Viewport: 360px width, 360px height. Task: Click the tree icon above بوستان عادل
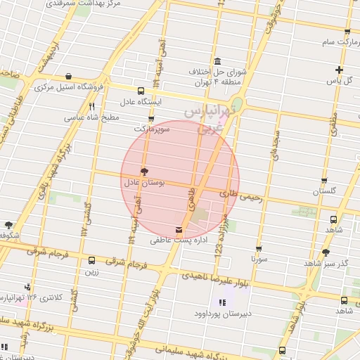[x=144, y=171]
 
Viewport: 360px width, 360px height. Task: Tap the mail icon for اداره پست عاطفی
[x=178, y=230]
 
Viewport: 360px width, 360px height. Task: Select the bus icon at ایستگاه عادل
[x=141, y=91]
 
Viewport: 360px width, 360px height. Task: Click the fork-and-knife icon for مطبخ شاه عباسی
[x=91, y=107]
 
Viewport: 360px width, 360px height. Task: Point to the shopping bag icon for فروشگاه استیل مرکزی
[x=67, y=76]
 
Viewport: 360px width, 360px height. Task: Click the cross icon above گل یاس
[x=339, y=70]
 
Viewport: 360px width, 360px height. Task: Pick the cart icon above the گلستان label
[x=324, y=180]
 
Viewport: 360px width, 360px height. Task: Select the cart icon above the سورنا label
[x=259, y=248]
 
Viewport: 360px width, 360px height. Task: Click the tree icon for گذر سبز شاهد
[x=325, y=252]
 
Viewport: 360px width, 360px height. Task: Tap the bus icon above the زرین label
[x=91, y=260]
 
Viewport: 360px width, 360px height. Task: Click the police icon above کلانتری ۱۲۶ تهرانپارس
[x=27, y=287]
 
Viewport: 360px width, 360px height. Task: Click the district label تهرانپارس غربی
[x=205, y=120]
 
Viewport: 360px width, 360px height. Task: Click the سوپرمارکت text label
[x=152, y=129]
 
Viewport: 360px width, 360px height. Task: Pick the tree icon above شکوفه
[x=8, y=225]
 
